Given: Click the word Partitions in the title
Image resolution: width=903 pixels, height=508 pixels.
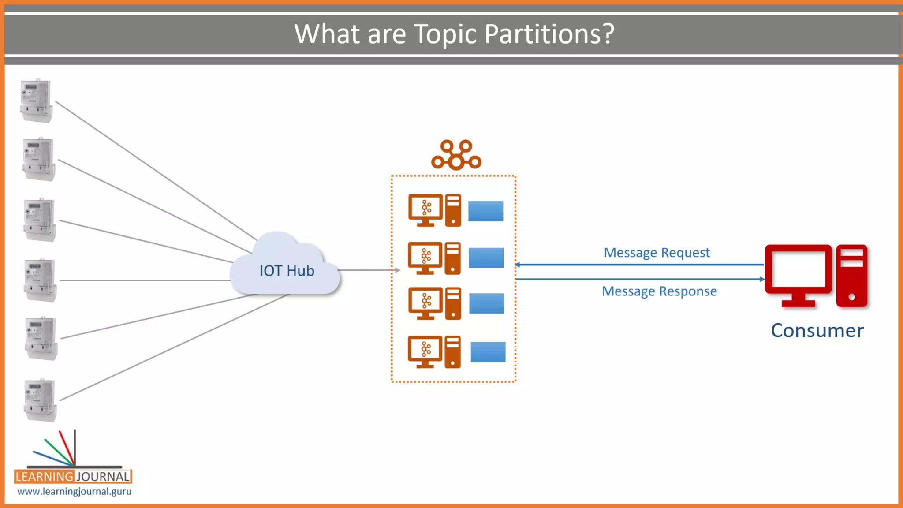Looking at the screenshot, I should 549,34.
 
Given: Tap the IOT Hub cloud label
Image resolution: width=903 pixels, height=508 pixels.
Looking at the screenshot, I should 287,271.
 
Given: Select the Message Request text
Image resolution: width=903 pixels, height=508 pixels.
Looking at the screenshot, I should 657,253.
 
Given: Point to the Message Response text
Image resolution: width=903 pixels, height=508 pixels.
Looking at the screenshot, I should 659,291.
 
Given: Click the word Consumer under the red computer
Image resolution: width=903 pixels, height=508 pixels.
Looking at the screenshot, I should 817,331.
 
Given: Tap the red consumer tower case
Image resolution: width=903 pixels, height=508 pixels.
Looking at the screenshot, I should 851,276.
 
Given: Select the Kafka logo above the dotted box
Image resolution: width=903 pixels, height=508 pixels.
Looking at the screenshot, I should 456,155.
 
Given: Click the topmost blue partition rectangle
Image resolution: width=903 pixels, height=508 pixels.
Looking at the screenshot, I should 485,211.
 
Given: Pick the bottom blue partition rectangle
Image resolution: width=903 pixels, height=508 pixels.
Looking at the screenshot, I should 488,352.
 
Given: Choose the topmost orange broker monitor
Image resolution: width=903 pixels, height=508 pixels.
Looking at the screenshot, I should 425,208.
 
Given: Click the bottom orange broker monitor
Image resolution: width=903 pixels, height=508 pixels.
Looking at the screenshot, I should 425,350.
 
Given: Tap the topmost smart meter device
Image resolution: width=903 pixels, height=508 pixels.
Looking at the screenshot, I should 37,101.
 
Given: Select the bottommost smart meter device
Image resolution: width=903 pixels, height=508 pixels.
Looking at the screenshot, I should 41,400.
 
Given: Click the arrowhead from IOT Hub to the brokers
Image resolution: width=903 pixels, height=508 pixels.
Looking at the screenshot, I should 398,270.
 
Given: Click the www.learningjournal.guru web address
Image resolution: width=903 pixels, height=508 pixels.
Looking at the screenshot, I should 74,491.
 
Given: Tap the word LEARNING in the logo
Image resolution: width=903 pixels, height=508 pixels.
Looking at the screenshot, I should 44,477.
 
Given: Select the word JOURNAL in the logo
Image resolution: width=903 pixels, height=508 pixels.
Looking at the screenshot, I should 103,477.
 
